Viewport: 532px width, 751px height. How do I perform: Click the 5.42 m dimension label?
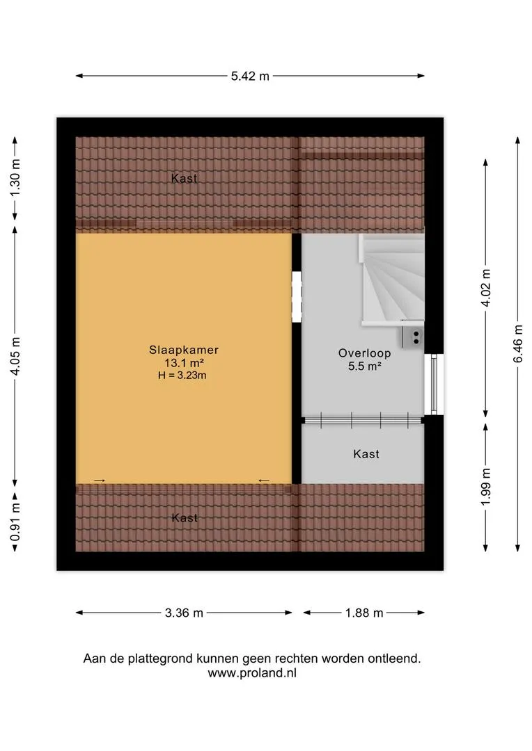coord(250,76)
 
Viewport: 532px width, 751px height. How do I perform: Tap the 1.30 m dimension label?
coord(15,177)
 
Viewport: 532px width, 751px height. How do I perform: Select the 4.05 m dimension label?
coord(15,356)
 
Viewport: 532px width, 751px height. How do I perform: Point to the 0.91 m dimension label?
coord(15,522)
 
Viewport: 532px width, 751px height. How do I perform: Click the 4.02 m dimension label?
coord(486,288)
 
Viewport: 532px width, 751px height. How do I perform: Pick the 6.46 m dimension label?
coord(518,344)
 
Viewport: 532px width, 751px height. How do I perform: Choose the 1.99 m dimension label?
coord(486,487)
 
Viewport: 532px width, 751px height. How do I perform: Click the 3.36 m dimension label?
coord(185,613)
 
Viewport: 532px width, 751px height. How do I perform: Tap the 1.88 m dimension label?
coord(364,613)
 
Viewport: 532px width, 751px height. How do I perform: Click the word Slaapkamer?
coord(184,350)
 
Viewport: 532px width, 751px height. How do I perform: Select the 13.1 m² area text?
coord(185,362)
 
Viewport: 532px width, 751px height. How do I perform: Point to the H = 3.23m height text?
coord(182,375)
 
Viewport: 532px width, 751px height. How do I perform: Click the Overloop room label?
coord(365,353)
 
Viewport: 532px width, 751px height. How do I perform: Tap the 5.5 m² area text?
coord(365,366)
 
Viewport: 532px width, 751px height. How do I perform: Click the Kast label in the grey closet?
coord(366,453)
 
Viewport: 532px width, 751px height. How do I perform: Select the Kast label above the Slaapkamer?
coord(185,178)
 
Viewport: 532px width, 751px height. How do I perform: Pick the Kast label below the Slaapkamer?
coord(185,518)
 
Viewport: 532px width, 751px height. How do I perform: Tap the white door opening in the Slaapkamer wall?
coord(297,297)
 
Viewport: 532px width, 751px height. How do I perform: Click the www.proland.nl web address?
coord(252,673)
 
